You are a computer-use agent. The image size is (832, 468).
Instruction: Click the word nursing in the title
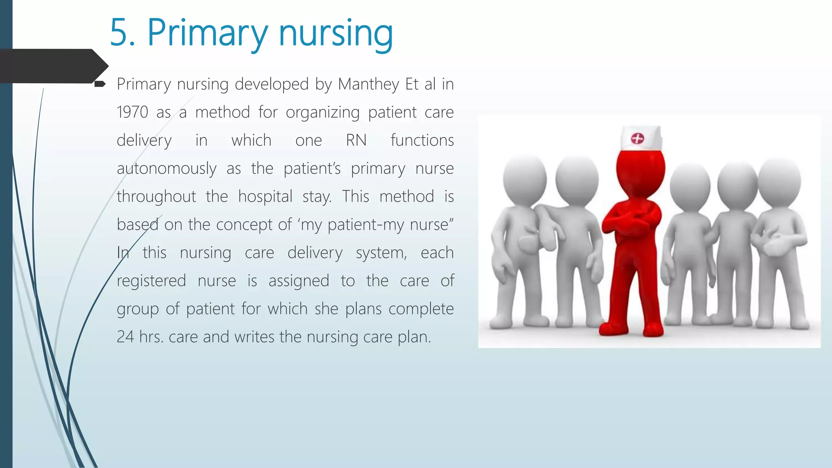[x=336, y=34]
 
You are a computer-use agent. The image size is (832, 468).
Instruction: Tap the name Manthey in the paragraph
[x=368, y=84]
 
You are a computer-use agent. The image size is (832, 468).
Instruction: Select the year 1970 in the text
[x=132, y=113]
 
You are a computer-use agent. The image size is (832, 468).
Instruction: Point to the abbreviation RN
[x=356, y=141]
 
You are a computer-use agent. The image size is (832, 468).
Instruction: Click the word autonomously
[x=167, y=169]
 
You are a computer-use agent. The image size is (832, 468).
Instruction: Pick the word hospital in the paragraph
[x=265, y=197]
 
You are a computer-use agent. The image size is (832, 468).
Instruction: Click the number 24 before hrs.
[x=125, y=337]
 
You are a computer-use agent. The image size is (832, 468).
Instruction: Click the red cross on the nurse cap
[x=637, y=139]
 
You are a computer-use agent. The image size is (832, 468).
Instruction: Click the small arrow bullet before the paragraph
[x=100, y=84]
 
